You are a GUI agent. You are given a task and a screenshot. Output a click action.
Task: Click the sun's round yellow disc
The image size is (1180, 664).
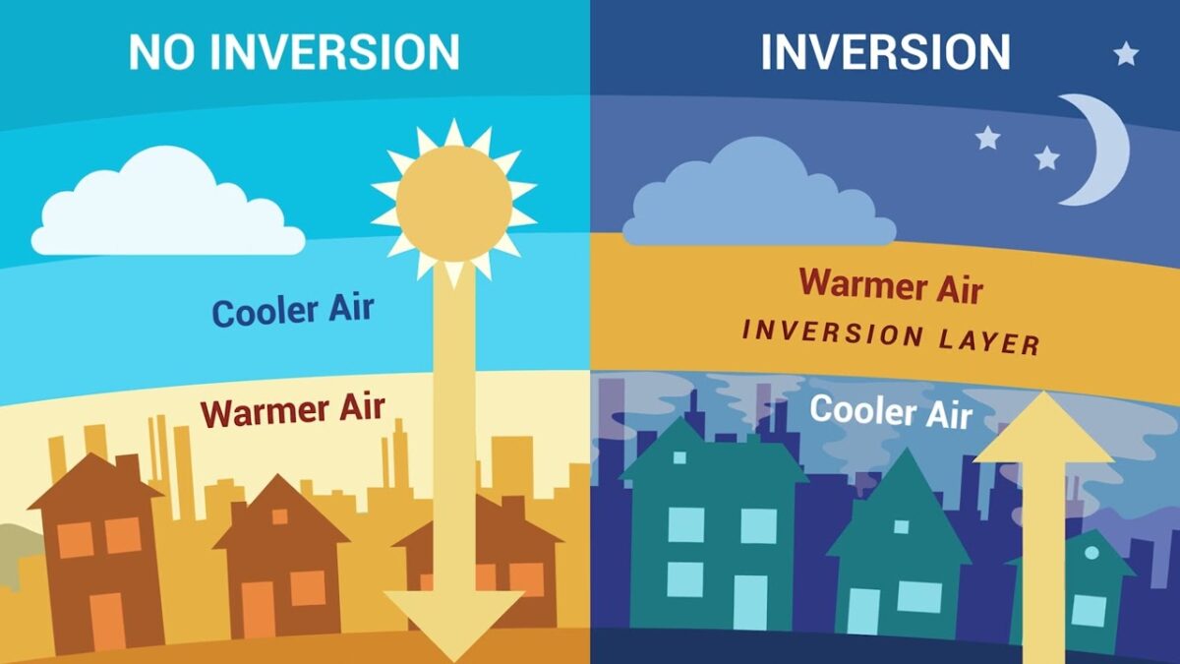454,204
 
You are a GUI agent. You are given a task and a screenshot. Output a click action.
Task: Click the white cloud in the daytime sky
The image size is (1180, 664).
167,206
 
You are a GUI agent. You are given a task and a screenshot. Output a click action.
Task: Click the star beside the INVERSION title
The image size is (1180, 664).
1126,54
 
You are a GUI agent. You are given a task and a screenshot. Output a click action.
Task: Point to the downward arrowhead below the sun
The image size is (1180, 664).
454,625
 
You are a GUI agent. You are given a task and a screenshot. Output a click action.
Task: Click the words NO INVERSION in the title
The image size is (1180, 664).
294,51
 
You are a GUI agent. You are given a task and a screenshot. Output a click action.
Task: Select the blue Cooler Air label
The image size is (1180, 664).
293,311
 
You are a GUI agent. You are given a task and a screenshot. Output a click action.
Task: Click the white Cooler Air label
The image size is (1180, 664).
891,411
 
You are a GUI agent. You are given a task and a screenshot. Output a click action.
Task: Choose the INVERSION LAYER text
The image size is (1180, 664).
891,337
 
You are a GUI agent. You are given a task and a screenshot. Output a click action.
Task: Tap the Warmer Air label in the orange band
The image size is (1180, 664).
891,286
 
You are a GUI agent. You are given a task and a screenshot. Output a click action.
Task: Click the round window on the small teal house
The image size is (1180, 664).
1092,552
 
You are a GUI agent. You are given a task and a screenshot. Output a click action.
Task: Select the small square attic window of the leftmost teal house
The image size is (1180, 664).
679,457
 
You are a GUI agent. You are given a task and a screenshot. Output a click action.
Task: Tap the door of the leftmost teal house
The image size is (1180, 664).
750,604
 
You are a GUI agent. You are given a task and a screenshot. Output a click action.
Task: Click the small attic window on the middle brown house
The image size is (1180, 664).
279,516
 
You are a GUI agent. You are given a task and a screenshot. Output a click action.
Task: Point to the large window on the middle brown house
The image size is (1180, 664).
308,588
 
